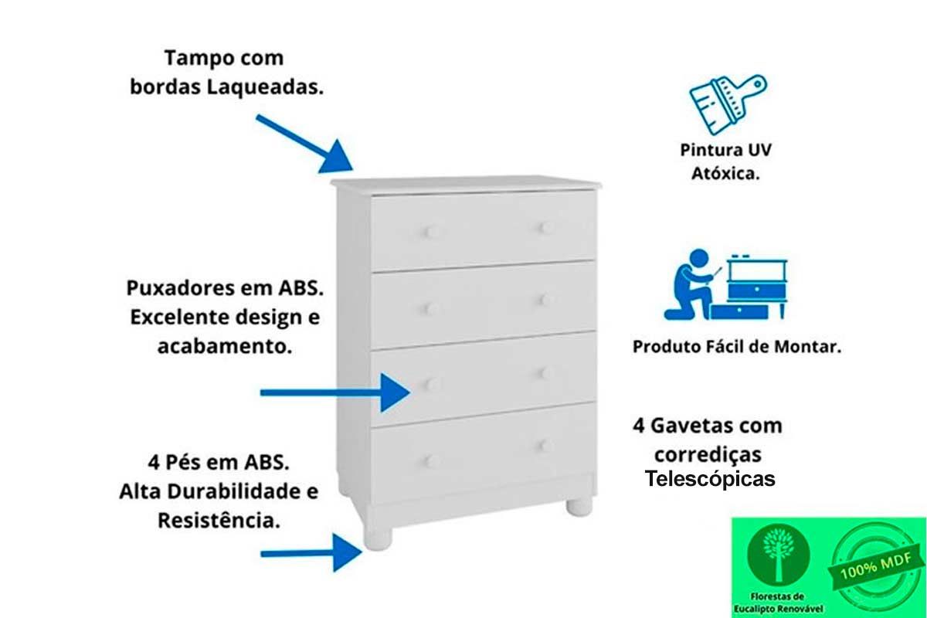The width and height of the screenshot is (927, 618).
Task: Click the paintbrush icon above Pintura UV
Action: pos(728,105)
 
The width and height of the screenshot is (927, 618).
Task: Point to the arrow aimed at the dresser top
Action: pos(304,144)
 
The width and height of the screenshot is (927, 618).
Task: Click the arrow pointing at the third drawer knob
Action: pos(335,393)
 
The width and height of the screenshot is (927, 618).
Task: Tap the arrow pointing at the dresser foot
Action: pos(311,553)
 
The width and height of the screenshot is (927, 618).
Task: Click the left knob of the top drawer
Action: pos(432,232)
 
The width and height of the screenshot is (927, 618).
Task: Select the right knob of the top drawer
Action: pos(547,228)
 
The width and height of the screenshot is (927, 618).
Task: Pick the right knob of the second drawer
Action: pos(547,300)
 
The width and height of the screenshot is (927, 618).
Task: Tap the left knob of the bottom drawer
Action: pos(432,461)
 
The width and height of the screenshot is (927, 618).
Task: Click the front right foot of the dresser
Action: pos(579,508)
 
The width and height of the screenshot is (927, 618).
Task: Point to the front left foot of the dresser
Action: pos(378,538)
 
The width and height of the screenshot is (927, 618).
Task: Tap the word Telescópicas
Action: pos(710,479)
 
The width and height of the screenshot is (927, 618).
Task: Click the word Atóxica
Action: pos(726,174)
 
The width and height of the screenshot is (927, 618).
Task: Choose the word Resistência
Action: pos(219,521)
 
